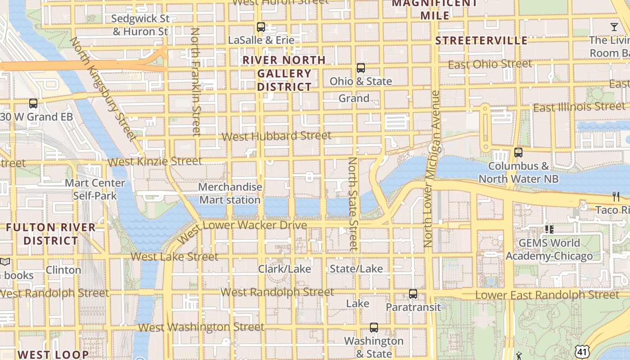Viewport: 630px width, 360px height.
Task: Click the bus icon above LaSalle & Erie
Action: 261,27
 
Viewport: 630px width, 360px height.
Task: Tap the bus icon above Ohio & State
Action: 360,68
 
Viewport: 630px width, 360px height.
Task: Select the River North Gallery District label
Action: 284,73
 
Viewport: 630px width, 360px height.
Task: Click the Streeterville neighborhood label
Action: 481,40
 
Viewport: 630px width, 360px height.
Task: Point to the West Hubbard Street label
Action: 277,136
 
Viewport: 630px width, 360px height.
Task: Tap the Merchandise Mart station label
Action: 230,193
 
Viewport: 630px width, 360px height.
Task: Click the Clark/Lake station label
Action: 284,269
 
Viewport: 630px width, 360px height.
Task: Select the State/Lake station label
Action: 356,269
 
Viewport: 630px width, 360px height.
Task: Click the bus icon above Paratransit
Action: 413,294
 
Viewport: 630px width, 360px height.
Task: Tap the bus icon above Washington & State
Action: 373,328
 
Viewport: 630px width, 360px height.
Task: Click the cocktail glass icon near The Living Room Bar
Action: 614,27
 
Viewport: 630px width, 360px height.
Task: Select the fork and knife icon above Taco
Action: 616,197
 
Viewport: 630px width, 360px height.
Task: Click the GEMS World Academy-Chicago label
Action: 549,250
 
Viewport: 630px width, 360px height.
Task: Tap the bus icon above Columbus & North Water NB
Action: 518,153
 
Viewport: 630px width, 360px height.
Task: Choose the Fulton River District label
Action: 51,234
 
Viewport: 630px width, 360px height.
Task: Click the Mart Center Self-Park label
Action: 95,189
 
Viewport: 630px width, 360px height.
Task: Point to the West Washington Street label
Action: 201,327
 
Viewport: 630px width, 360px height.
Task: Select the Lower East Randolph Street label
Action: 547,295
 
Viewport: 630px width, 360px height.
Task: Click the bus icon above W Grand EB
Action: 33,103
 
